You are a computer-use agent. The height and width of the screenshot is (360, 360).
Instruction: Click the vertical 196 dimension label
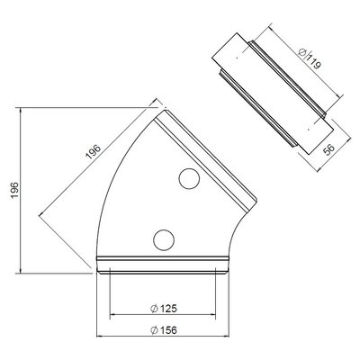pyautogui.click(x=15, y=190)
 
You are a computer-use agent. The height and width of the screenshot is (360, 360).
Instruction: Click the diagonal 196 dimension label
pyautogui.click(x=94, y=151)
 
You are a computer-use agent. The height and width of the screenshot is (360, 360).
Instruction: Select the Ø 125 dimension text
pyautogui.click(x=164, y=309)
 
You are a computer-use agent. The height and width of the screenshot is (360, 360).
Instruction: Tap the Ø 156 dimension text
pyautogui.click(x=164, y=330)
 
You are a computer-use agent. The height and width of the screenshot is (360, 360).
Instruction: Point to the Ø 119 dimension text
pyautogui.click(x=310, y=58)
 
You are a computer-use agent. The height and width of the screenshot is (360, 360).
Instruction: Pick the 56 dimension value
pyautogui.click(x=330, y=149)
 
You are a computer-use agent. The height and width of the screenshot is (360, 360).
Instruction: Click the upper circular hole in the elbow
pyautogui.click(x=189, y=178)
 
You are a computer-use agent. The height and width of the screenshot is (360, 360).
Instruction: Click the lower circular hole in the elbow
pyautogui.click(x=164, y=240)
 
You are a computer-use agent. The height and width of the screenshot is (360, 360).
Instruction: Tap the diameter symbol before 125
pyautogui.click(x=154, y=309)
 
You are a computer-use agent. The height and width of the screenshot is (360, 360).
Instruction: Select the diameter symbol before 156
pyautogui.click(x=154, y=330)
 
